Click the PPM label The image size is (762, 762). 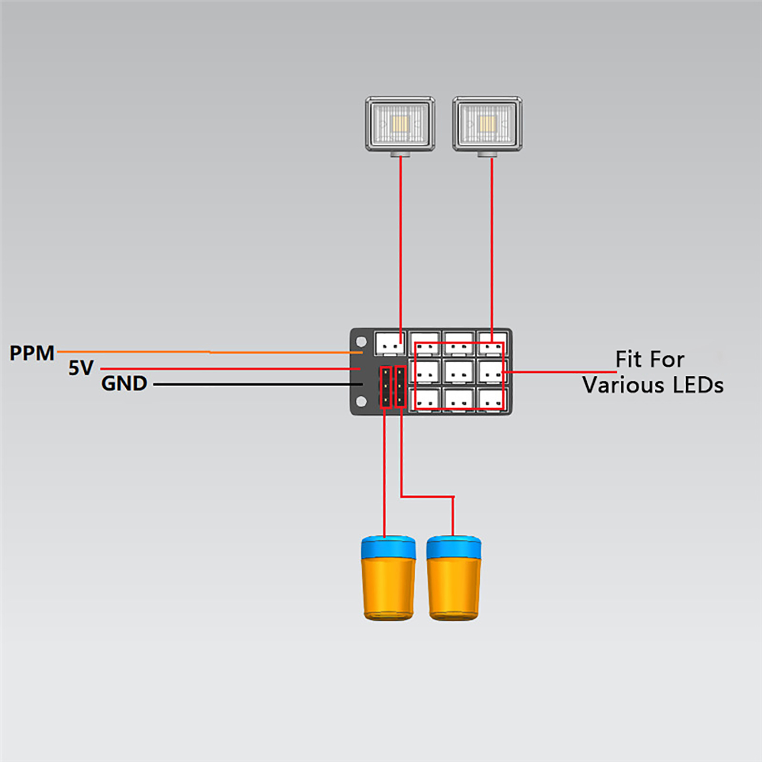32,353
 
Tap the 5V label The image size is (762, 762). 81,368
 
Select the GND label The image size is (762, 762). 124,383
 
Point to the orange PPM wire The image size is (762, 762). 210,352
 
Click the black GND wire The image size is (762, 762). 257,384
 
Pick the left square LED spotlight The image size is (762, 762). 400,124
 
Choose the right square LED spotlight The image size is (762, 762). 487,124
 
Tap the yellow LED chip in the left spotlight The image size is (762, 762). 400,124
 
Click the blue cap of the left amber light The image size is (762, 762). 388,548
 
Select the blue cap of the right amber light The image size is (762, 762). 453,548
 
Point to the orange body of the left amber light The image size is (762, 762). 388,588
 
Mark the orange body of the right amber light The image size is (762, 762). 454,588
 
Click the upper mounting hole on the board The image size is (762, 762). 361,341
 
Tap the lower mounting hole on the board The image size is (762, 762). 361,401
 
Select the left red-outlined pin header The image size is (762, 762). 385,387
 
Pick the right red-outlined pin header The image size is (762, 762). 401,387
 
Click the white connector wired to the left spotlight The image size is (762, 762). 390,343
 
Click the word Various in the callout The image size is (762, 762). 623,385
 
